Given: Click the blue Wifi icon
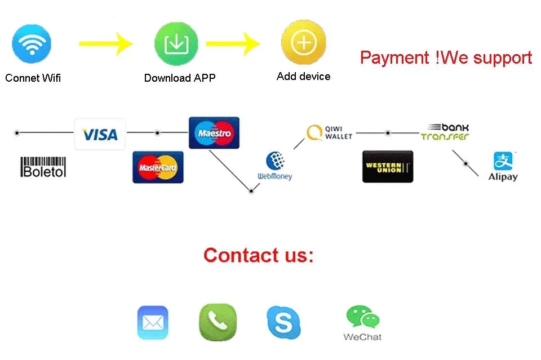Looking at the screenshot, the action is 32,44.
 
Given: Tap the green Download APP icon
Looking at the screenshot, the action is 176,44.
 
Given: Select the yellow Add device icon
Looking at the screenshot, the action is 304,42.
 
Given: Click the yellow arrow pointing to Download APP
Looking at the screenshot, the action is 105,43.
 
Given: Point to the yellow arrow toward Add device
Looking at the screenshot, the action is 233,44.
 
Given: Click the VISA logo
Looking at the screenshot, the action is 100,134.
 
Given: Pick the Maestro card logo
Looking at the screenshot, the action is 214,133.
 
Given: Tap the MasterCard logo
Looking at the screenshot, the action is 158,167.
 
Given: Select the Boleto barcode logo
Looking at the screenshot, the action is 43,167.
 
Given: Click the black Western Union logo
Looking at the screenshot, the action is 388,167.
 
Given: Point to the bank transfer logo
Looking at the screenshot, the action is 445,132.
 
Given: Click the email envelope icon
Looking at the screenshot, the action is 153,323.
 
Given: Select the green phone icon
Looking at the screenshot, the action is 218,322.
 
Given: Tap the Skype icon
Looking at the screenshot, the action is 283,323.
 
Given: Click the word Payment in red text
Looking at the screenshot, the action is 394,57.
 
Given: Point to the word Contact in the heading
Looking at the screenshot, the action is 241,256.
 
